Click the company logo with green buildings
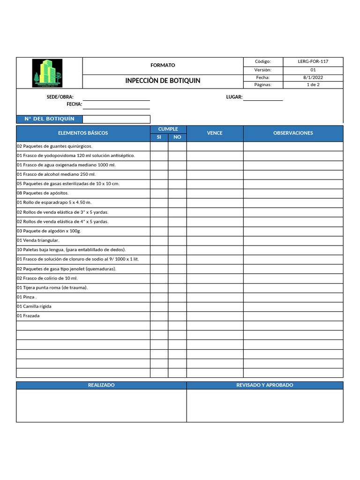[x=47, y=73]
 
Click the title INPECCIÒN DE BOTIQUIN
[x=163, y=81]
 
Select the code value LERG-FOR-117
[x=313, y=61]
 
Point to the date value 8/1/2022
[x=313, y=77]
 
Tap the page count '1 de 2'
[x=313, y=85]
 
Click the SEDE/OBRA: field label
[x=60, y=97]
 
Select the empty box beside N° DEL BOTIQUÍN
[x=116, y=119]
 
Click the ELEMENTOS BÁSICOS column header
[x=83, y=133]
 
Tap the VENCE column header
[x=215, y=133]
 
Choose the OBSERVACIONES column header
[x=293, y=133]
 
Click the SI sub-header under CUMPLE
[x=159, y=137]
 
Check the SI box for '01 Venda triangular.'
[x=159, y=240]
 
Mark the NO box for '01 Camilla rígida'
[x=177, y=307]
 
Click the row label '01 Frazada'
[x=28, y=316]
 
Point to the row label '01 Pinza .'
[x=27, y=297]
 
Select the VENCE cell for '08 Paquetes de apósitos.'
[x=215, y=193]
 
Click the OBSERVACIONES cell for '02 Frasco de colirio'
[x=293, y=278]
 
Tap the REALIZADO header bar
[x=101, y=385]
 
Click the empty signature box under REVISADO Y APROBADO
[x=265, y=405]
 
